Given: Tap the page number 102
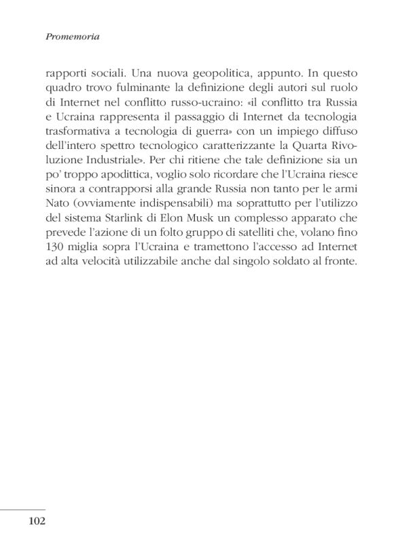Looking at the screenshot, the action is (x=37, y=522).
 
